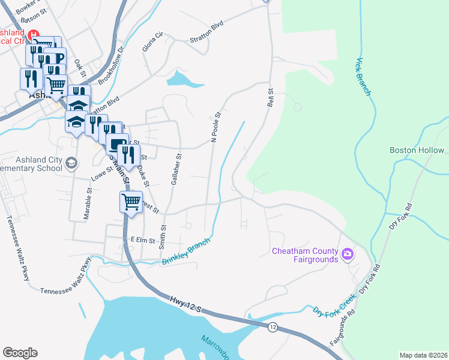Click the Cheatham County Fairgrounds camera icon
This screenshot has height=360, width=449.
coord(347,255)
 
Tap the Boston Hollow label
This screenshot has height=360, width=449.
coord(417,151)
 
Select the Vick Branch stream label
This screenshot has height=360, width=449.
coord(364,77)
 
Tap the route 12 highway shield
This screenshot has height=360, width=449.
coord(273,326)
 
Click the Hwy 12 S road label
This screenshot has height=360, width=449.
coord(184,304)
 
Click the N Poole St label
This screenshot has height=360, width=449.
coord(217,127)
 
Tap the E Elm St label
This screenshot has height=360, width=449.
coord(143,240)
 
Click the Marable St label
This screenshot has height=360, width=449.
coord(87,203)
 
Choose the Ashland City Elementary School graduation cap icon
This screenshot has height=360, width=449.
coord(71,163)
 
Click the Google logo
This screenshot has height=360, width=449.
coord(20,353)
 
